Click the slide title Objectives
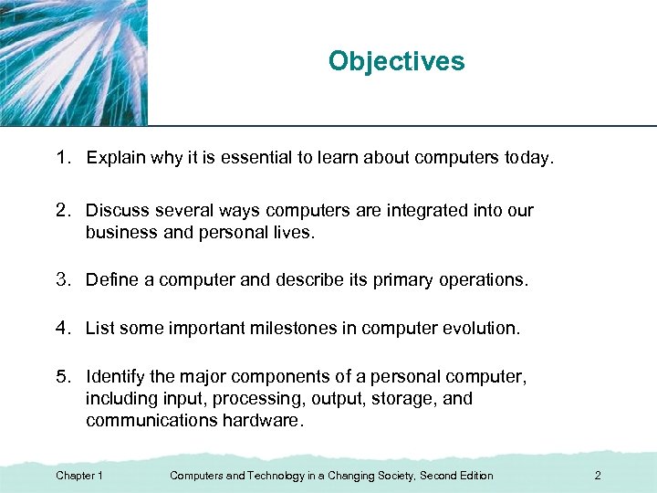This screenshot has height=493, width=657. [396, 61]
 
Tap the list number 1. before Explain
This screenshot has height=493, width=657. [63, 158]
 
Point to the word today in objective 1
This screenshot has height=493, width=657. [527, 158]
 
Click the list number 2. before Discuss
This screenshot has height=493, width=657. [63, 211]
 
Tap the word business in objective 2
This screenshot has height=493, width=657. [119, 232]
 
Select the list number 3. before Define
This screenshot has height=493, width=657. [63, 280]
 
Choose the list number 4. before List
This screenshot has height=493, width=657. [63, 328]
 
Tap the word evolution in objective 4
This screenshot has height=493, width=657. [482, 328]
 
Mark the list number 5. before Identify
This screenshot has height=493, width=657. [63, 377]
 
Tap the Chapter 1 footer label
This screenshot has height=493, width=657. [78, 476]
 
